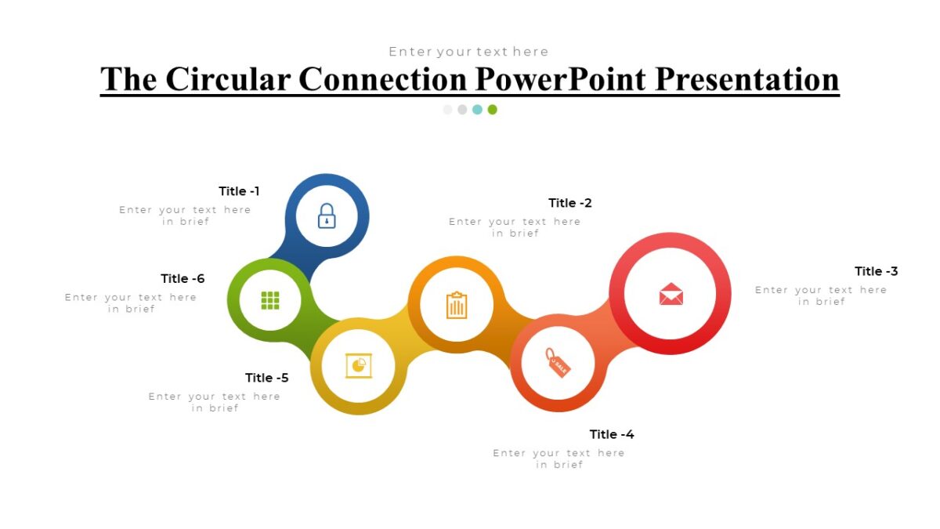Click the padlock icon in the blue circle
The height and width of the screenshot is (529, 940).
tap(327, 216)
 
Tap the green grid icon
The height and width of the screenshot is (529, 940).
tap(270, 300)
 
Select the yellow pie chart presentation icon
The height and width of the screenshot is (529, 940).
tap(359, 366)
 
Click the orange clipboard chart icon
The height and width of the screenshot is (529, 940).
tap(457, 305)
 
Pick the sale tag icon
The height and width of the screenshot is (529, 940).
tap(558, 363)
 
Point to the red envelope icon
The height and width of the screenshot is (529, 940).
tap(671, 294)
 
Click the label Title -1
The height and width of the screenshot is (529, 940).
tap(239, 191)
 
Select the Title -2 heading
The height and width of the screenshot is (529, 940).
tap(570, 203)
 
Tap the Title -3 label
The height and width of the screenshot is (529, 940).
tap(876, 271)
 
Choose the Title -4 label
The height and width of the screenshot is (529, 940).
tap(612, 434)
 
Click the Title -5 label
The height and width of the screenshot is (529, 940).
tap(266, 378)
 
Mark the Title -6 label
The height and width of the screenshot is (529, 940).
tap(183, 278)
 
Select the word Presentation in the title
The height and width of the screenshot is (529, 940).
tap(747, 79)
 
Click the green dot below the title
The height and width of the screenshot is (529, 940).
tap(492, 110)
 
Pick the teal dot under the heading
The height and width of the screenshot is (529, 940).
tap(477, 110)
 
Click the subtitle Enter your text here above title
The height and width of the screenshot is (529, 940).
tap(468, 52)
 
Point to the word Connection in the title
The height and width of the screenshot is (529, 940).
tap(383, 79)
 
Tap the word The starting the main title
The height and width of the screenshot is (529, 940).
tap(128, 79)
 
